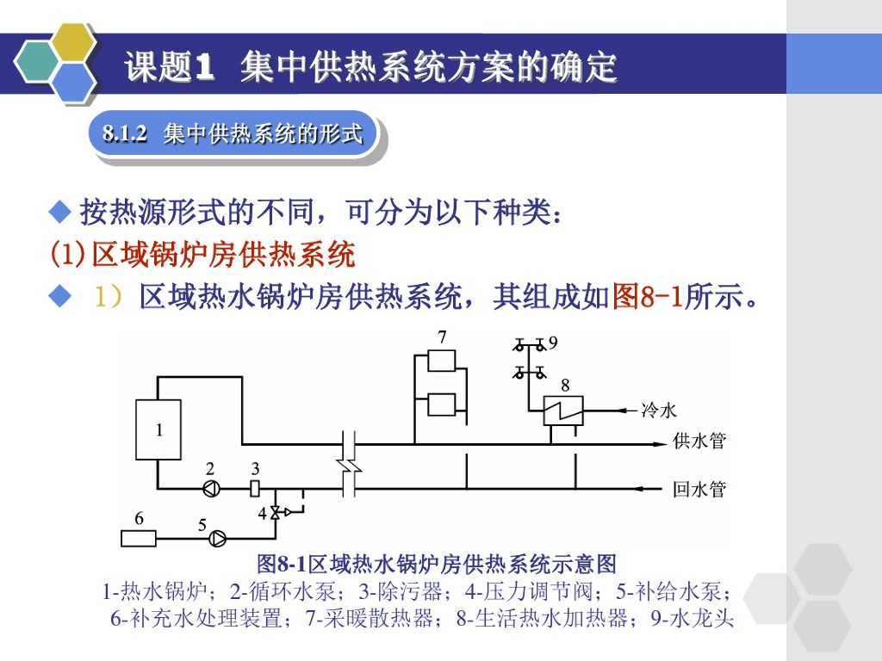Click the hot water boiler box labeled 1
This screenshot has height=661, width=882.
coord(158,429)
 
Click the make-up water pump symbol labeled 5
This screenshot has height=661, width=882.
coord(220,540)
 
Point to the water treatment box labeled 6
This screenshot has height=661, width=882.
coord(139,539)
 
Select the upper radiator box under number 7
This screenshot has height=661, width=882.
coord(442,360)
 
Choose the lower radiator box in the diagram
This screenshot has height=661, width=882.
coord(442,405)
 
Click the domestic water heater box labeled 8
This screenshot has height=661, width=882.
coord(563,410)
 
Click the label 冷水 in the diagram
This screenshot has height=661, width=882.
coord(659,411)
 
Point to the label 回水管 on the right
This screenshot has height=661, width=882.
coord(699,490)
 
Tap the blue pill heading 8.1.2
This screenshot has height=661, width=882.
coord(233,134)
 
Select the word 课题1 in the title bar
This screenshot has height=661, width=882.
coord(169,67)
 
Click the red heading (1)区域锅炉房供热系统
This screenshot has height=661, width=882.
coord(202,255)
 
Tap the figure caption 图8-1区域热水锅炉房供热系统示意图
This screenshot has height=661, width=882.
coord(438,565)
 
